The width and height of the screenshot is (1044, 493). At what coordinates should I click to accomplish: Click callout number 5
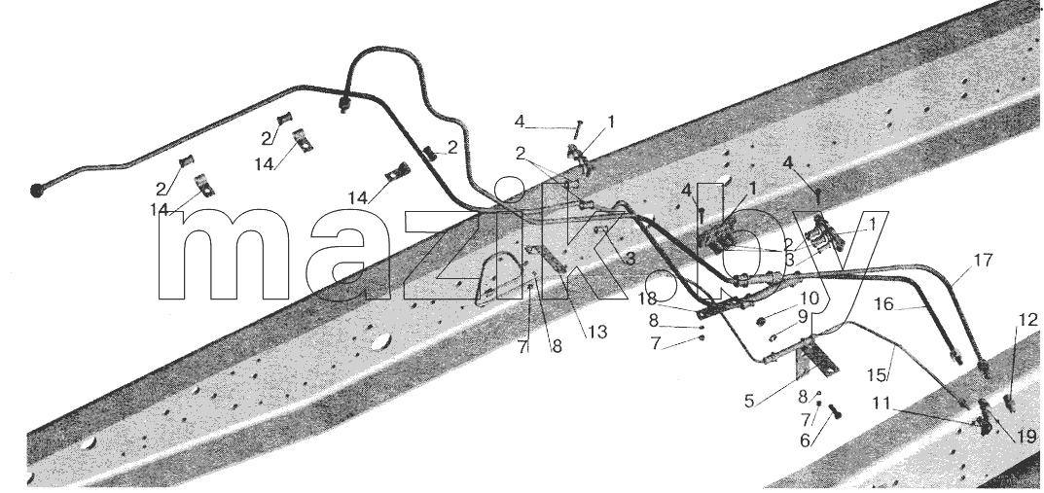point(750,402)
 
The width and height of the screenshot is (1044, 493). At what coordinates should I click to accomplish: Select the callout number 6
point(805,440)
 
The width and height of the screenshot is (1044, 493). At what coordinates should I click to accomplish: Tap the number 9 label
point(803,317)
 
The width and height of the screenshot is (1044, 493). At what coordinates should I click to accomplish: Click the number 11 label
point(882,404)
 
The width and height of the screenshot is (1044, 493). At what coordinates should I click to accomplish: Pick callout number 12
point(1028,320)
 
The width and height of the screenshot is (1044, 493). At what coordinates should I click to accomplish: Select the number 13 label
point(597,332)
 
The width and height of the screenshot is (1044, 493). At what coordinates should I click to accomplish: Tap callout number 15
point(877,374)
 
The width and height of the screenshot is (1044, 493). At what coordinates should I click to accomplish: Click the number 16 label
point(883,304)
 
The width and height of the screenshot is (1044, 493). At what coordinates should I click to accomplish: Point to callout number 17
point(984,260)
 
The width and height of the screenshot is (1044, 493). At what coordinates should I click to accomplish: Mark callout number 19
point(1028,437)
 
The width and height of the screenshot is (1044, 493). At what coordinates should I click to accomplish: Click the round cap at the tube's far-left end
point(37,191)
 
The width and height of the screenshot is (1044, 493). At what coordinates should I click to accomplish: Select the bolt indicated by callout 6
point(834,412)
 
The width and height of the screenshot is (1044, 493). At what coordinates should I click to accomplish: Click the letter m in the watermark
point(224,255)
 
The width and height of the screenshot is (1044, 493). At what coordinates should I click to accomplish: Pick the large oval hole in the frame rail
point(380,341)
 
